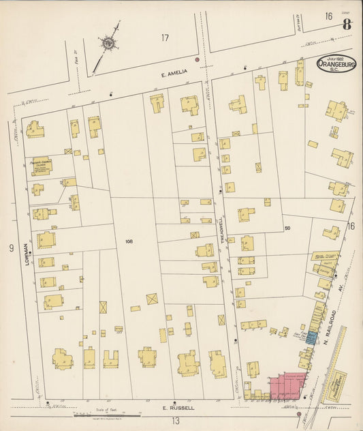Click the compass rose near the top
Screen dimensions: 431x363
pyautogui.click(x=108, y=44)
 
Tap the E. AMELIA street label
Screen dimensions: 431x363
pyautogui.click(x=155, y=73)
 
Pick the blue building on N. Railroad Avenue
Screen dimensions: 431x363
pyautogui.click(x=311, y=337)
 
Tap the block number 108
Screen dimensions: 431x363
pyautogui.click(x=129, y=241)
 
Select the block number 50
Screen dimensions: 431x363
pyautogui.click(x=287, y=227)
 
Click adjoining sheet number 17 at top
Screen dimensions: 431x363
pyautogui.click(x=164, y=38)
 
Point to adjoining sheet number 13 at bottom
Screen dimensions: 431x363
pyautogui.click(x=175, y=421)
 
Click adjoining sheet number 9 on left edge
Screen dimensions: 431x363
pyautogui.click(x=11, y=248)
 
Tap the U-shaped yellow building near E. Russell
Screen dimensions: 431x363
pyautogui.click(x=110, y=359)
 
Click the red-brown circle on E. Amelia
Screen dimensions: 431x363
pyautogui.click(x=198, y=60)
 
